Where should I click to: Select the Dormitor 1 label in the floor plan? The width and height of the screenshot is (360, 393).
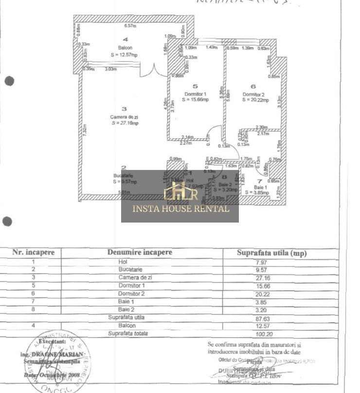196,94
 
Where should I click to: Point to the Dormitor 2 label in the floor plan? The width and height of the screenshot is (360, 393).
253,94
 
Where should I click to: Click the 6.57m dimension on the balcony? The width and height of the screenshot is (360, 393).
129,25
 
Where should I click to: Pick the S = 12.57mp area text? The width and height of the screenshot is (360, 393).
124,55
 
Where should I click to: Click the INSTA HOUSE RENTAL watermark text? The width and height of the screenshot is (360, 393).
180,209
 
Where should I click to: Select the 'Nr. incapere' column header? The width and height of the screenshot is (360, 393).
34,252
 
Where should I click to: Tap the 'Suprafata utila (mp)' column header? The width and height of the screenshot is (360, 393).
271,253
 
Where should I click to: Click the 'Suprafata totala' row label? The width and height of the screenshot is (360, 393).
128,334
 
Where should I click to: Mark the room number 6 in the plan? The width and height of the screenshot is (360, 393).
253,87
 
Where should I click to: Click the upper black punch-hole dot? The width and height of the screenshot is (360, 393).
9,81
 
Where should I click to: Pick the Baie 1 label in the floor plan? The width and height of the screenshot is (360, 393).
261,187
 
